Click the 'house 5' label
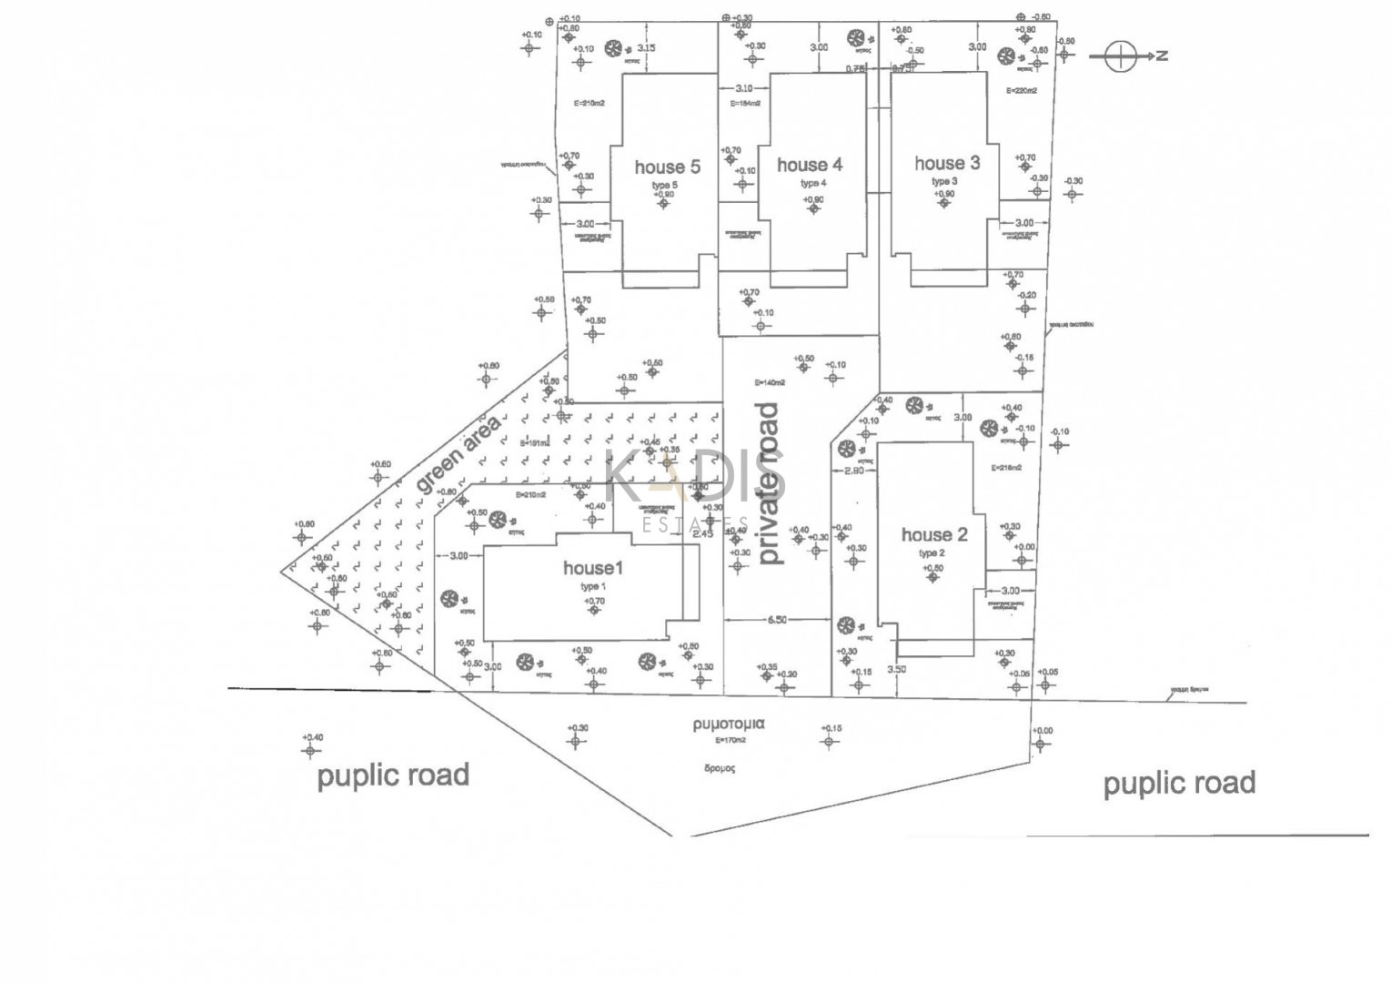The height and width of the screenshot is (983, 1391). click(x=668, y=167)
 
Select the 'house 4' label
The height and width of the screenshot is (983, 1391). click(x=810, y=165)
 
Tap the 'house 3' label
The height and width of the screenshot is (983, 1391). click(x=947, y=163)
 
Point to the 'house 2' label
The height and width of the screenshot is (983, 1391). click(x=934, y=534)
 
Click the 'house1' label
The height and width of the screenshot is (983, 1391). click(x=593, y=568)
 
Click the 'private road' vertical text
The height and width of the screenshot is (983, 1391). click(x=771, y=483)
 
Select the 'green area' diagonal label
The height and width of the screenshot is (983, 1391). click(x=459, y=455)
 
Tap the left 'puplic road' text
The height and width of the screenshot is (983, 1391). click(x=393, y=775)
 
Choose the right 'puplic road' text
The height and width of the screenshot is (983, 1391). click(x=1179, y=783)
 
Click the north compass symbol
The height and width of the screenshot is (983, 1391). click(x=1121, y=56)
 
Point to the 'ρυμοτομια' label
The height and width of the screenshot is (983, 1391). click(x=729, y=725)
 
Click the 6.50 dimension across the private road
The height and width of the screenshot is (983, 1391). click(x=776, y=620)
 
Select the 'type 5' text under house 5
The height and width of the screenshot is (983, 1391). click(x=664, y=185)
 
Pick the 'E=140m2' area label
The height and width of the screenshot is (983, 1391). click(x=769, y=382)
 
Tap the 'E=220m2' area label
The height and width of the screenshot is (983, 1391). click(x=1021, y=91)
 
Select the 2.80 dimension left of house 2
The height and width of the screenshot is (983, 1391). click(x=853, y=471)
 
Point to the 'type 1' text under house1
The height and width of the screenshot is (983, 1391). click(x=592, y=587)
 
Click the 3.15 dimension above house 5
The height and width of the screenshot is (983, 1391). click(x=647, y=47)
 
